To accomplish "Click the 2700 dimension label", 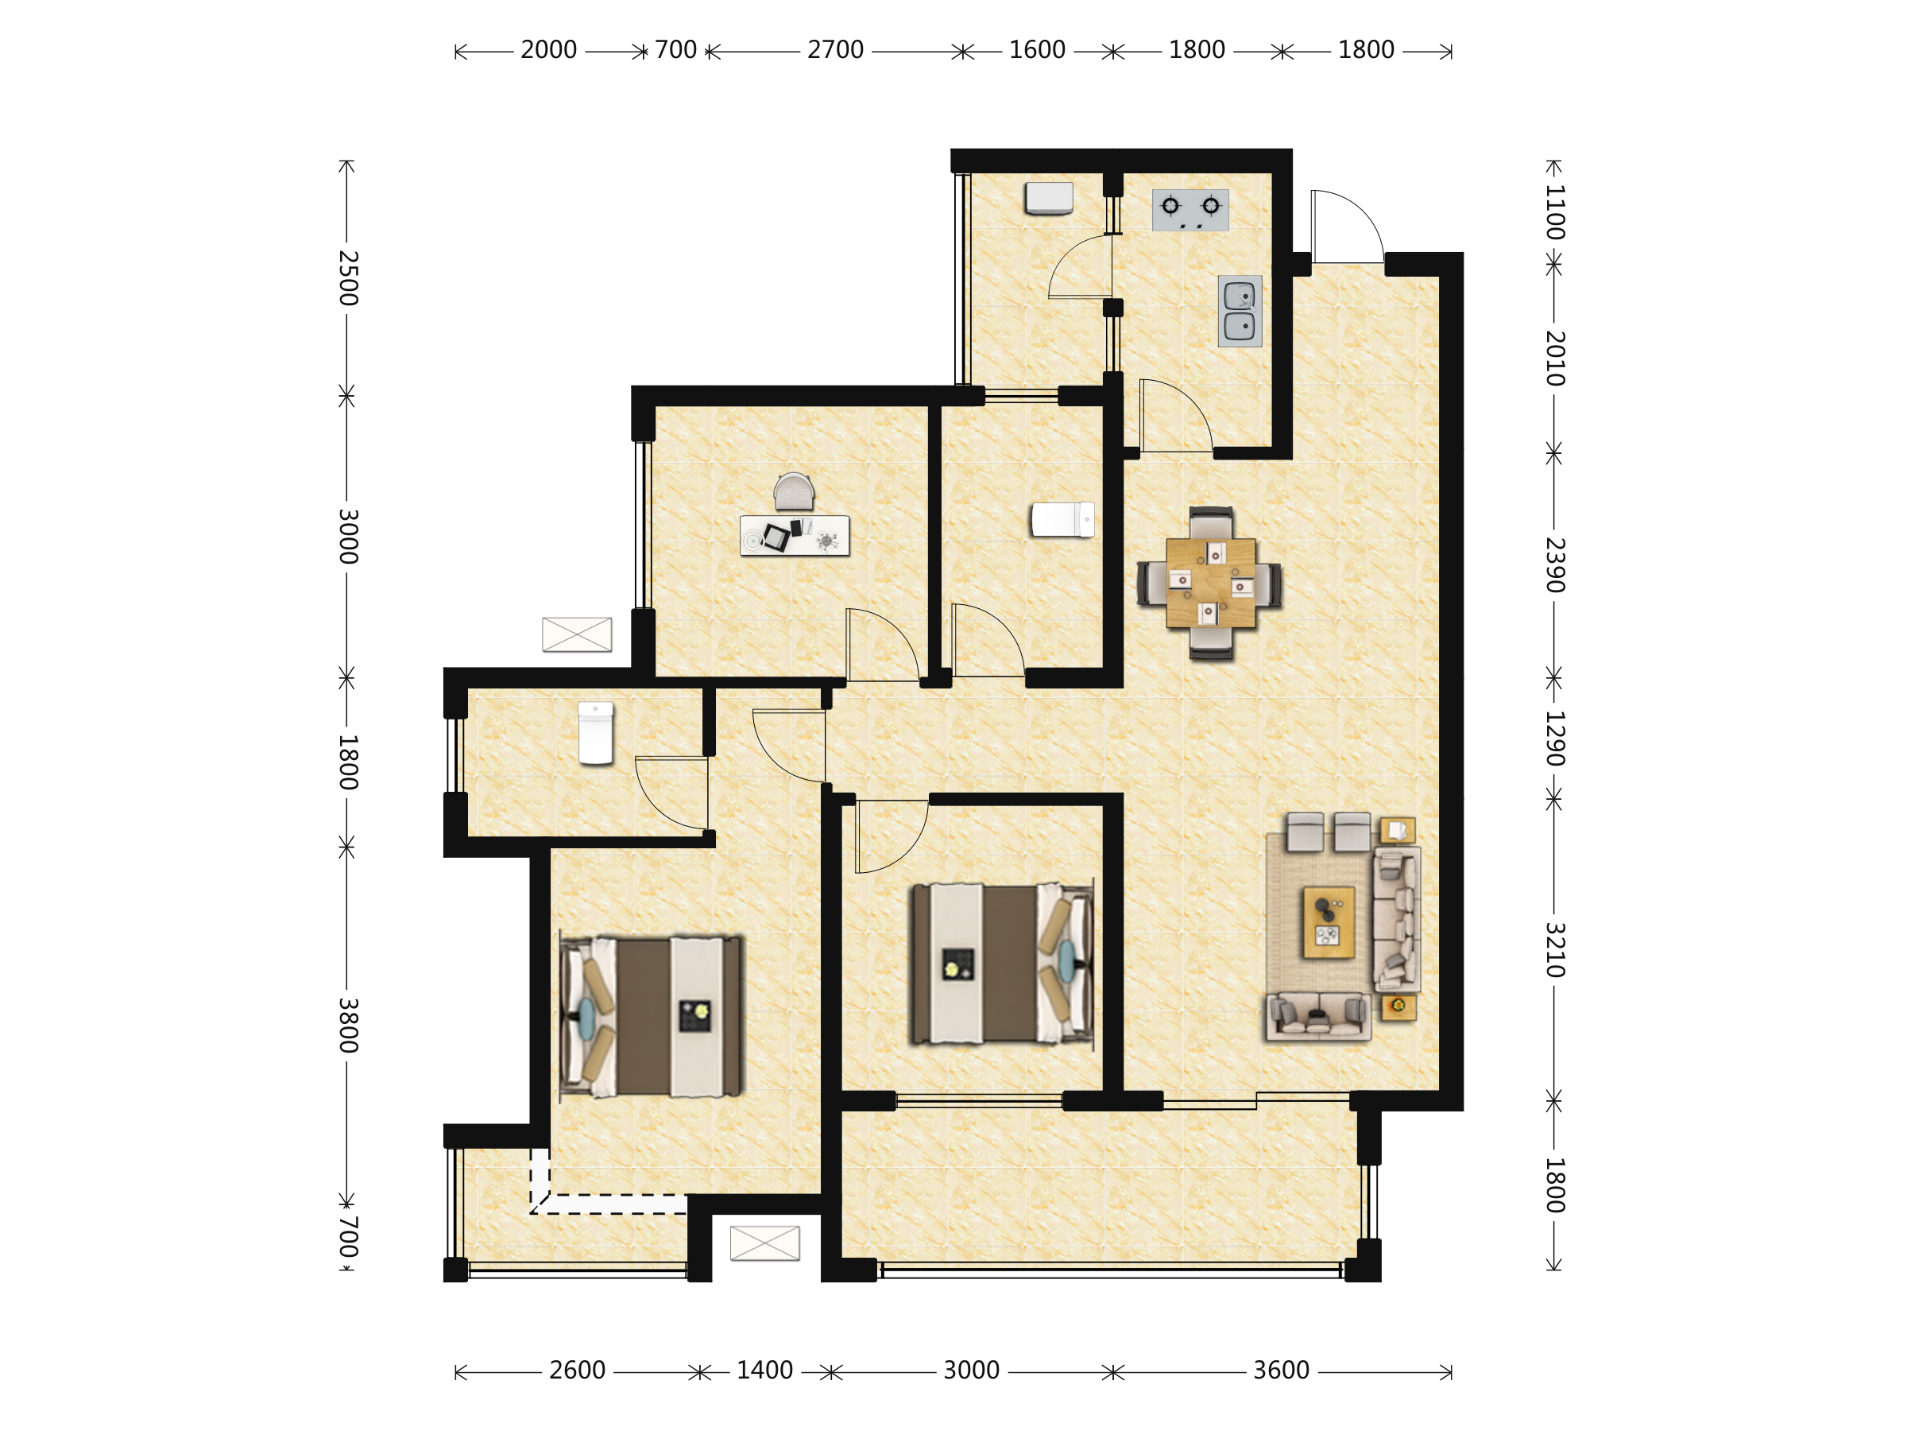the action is coord(834,50).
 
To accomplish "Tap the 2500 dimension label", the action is coord(347,278).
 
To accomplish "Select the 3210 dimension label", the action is coord(1553,950).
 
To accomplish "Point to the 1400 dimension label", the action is coord(764,1371).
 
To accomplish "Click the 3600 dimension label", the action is coord(1281,1371).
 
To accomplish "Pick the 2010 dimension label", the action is coord(1553,358).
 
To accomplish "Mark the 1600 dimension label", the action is coord(1037,50).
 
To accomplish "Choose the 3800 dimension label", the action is coord(347,1026).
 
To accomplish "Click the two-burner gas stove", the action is coord(1189,211).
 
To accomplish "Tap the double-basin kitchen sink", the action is coord(1240,312).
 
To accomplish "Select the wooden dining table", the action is coord(1210,583).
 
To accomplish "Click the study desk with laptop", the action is coord(794,536).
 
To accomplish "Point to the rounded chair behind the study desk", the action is coord(794,491).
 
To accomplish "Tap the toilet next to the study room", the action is coord(1063,520).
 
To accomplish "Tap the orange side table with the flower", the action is coord(1398,1006).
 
